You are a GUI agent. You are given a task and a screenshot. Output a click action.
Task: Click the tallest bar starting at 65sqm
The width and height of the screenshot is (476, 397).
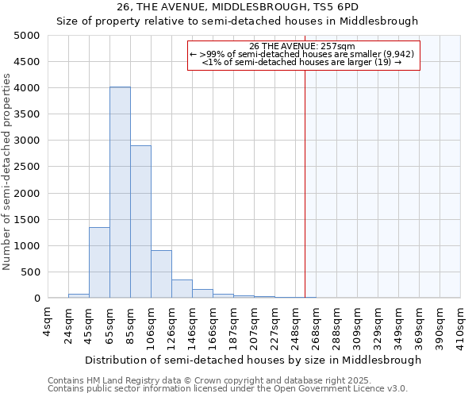(x=120, y=192)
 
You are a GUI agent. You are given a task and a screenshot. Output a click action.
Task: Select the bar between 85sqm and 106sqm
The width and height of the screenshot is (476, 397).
(x=140, y=222)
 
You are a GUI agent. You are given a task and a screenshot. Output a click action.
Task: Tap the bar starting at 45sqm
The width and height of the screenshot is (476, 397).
(x=99, y=262)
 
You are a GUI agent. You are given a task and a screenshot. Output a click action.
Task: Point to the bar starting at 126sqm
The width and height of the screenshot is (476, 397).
(x=182, y=289)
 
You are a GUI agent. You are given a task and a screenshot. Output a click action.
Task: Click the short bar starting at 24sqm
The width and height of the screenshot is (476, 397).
(x=79, y=296)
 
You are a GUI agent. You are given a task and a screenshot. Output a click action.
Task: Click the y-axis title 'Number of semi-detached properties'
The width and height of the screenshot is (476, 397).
(x=8, y=172)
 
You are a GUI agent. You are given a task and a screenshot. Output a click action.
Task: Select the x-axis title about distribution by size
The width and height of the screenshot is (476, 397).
(x=253, y=360)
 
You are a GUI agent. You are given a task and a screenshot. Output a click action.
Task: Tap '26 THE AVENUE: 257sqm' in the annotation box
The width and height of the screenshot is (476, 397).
(x=302, y=46)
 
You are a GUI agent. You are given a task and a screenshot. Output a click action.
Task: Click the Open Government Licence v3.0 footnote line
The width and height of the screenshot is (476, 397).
(x=228, y=389)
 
